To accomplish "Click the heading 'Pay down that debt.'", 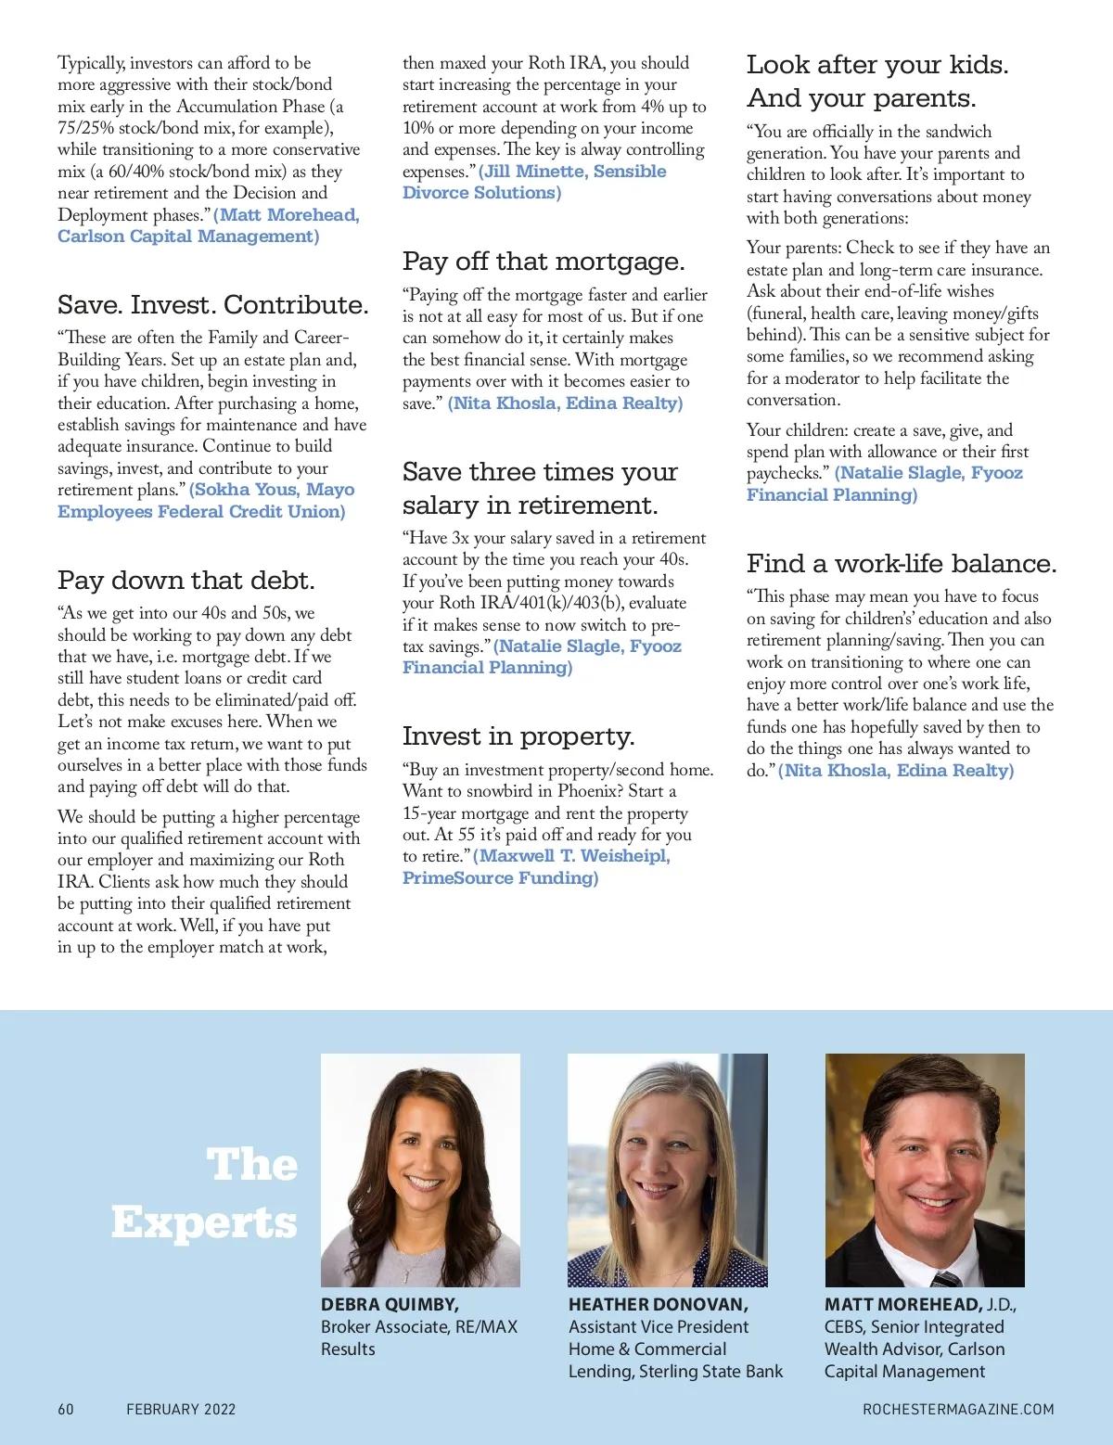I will (x=186, y=581).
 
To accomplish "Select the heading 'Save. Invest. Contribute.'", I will (x=213, y=305).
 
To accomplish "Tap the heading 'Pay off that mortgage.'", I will (x=544, y=262).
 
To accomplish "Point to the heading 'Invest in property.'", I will (x=518, y=736).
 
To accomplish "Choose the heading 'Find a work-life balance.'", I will (x=902, y=564).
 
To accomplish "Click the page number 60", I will (x=66, y=1409).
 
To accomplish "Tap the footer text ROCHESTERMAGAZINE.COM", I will (x=958, y=1409).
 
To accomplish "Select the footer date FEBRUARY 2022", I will (x=181, y=1409).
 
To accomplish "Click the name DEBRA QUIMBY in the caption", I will (x=390, y=1305).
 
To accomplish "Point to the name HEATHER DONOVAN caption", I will (x=658, y=1305).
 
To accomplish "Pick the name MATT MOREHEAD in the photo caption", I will (x=902, y=1305).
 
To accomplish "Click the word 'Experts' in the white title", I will (x=204, y=1222).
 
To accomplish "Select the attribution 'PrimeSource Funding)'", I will (x=501, y=877).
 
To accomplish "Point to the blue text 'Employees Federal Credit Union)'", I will (x=201, y=512).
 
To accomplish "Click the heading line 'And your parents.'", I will (x=862, y=98).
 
